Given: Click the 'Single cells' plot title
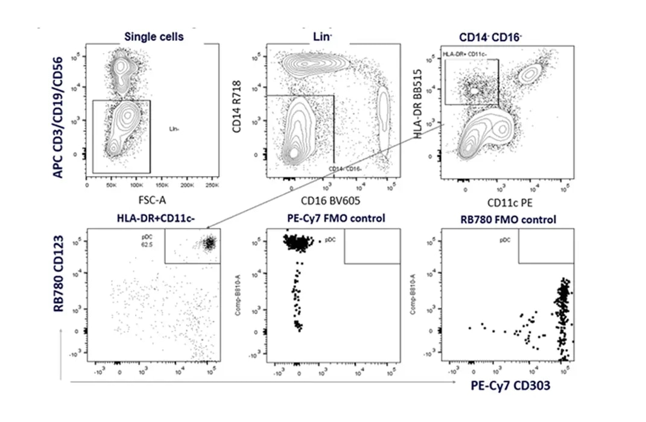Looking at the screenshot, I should [x=154, y=37].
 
